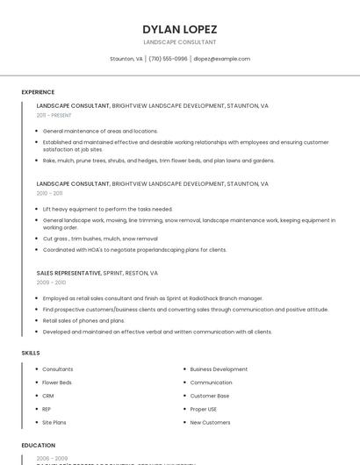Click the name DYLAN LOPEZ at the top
(179, 29)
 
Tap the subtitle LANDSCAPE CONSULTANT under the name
(179, 42)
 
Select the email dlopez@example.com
(221, 59)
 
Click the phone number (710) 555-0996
(169, 59)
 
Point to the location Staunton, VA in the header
(126, 59)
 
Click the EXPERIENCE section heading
(38, 92)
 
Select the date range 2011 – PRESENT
(54, 115)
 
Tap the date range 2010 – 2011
(49, 193)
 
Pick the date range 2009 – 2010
(51, 283)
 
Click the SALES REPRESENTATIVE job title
(69, 273)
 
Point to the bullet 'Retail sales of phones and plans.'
(83, 320)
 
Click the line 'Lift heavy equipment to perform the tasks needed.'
(107, 209)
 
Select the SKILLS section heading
(31, 353)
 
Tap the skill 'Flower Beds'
(57, 383)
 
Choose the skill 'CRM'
(48, 396)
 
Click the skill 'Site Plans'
(54, 422)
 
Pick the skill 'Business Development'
(219, 369)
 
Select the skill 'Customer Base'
(210, 396)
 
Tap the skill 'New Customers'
(210, 422)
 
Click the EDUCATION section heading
(38, 446)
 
